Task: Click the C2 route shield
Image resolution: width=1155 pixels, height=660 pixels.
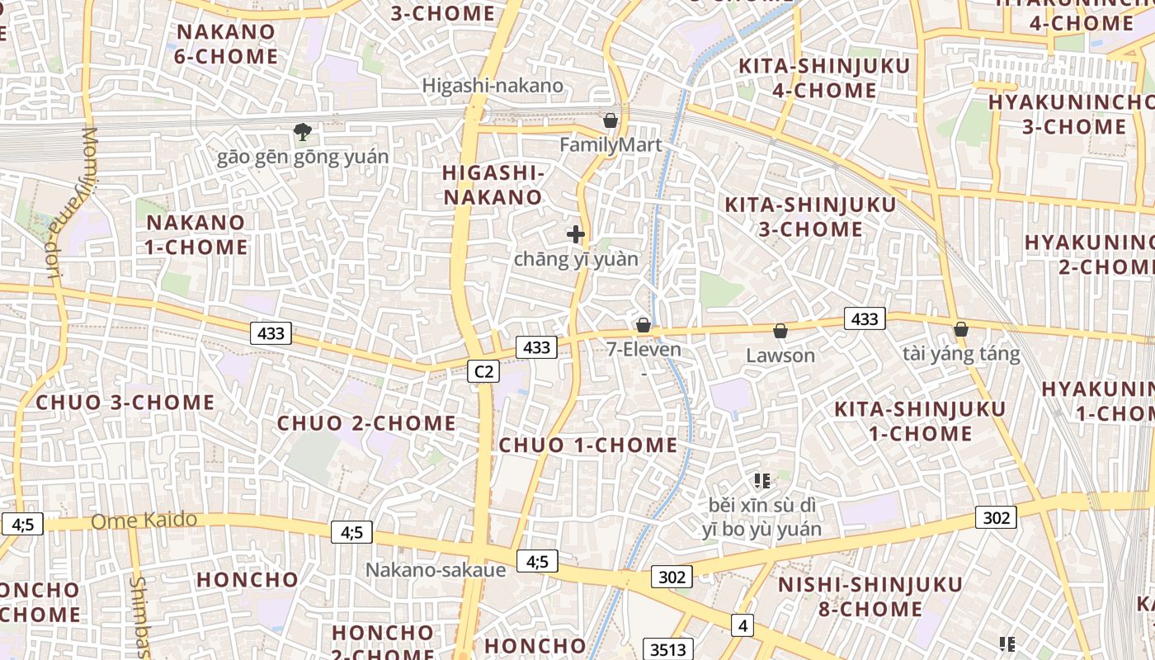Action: tap(483, 372)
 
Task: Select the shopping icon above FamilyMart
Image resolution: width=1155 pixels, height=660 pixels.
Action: tap(610, 121)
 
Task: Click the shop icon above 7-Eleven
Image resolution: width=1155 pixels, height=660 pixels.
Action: tap(643, 325)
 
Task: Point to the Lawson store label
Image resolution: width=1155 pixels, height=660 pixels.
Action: tap(780, 356)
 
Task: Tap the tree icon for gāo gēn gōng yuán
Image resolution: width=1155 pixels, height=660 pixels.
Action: tap(303, 131)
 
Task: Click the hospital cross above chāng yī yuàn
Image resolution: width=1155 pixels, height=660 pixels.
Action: tap(576, 235)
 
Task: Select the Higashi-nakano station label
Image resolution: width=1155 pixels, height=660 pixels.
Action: tap(493, 86)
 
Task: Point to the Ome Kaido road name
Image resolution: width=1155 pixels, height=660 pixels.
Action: tap(144, 521)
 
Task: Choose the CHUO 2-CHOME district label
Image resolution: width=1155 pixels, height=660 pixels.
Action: tap(366, 423)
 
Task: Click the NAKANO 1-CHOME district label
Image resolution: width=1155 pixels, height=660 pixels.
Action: tap(196, 235)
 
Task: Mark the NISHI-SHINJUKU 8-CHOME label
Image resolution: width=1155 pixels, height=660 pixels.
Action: tap(871, 597)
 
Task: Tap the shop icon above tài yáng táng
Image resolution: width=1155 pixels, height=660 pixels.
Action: tap(961, 329)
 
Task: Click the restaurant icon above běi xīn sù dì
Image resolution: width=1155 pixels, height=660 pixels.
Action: tap(762, 480)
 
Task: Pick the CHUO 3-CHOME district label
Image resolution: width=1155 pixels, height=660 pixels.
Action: tap(126, 403)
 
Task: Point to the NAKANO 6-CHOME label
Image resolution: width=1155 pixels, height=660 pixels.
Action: tap(227, 45)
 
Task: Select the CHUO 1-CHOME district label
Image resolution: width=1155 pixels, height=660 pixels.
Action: tap(588, 445)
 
